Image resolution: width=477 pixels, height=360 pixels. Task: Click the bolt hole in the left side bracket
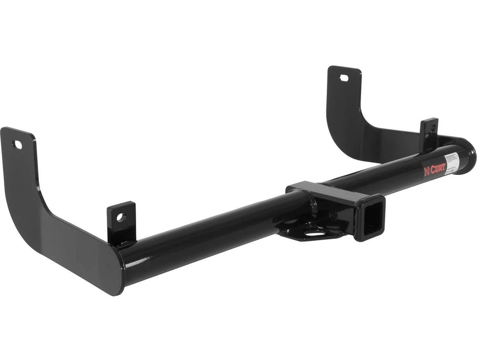[17, 145]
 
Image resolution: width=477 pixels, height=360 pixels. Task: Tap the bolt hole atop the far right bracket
[344, 78]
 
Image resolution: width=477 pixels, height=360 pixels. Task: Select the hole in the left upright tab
[121, 217]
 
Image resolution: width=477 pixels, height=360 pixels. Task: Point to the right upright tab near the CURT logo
[428, 133]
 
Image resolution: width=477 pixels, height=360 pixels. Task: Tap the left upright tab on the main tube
[121, 221]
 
